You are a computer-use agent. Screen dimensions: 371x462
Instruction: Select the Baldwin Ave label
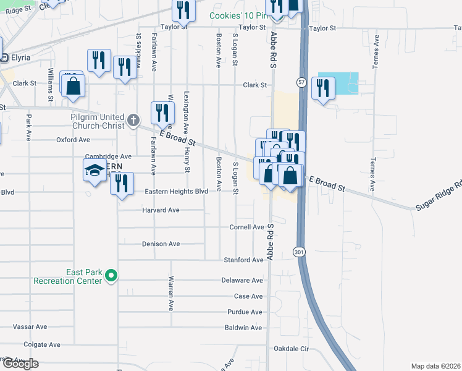point(244,328)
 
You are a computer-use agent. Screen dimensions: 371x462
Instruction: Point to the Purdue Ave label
point(245,312)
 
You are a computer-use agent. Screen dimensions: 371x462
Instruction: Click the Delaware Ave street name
point(243,280)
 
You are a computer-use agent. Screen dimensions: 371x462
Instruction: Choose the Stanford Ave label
point(244,260)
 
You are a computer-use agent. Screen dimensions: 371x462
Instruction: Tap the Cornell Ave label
point(246,227)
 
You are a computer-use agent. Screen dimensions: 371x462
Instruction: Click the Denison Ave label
point(161,244)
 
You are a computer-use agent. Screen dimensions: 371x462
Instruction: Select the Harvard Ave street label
point(161,210)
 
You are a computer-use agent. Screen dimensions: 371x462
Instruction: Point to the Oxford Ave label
point(73,140)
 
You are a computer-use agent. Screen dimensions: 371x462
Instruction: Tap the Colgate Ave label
point(42,344)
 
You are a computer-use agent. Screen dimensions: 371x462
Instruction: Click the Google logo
point(20,364)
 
